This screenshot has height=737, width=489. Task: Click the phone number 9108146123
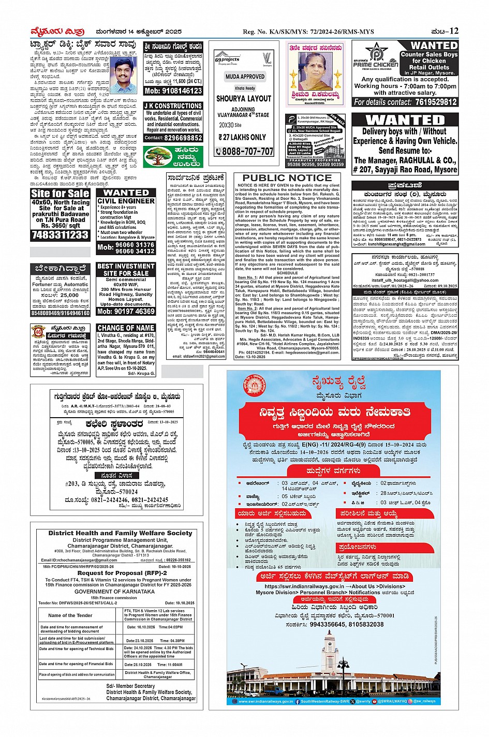click(x=173, y=91)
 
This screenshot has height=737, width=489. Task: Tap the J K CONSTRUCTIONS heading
click(x=173, y=106)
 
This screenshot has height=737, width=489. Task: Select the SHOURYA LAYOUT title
click(x=244, y=98)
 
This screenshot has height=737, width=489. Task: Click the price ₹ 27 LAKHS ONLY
click(x=242, y=137)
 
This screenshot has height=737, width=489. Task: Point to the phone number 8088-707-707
click(x=244, y=151)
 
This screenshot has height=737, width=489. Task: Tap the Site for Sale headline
click(x=61, y=194)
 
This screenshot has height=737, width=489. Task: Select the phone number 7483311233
click(x=61, y=234)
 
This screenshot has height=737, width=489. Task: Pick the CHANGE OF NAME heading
click(x=126, y=328)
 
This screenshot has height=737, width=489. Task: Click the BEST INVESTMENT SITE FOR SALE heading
click(x=126, y=269)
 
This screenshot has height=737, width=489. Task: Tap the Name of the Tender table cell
click(x=70, y=615)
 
